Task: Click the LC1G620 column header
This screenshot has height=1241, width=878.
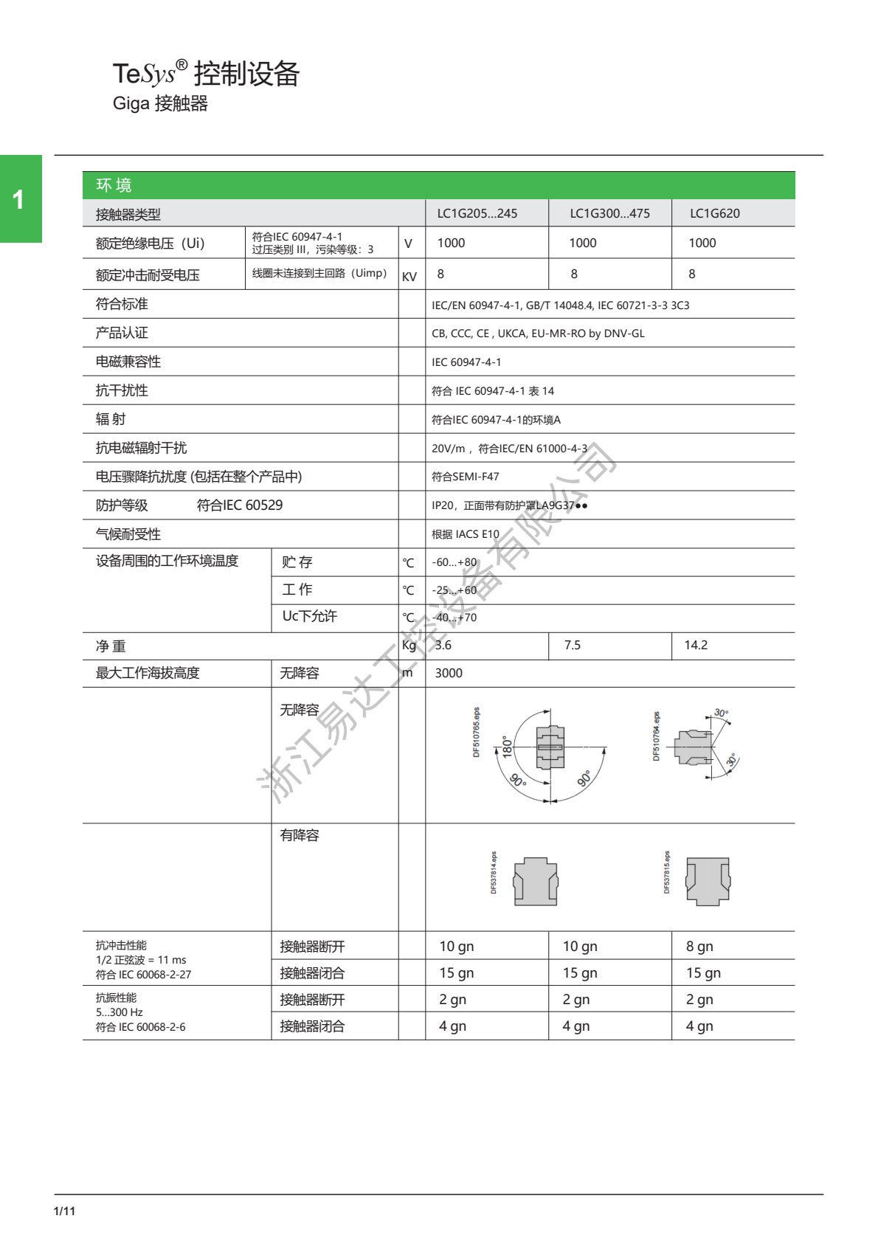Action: (714, 213)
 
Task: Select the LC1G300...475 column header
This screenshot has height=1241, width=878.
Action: (609, 213)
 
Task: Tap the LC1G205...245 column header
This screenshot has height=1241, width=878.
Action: (477, 213)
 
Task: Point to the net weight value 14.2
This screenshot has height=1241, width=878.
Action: (696, 645)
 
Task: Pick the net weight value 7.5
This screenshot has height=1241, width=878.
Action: (572, 645)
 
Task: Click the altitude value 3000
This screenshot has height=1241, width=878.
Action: (449, 673)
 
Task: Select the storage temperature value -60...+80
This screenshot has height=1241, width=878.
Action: (454, 562)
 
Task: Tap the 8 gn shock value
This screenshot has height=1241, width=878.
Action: (699, 946)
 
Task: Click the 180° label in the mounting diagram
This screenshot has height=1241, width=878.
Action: (507, 747)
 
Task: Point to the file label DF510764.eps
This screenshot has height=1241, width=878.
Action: (656, 736)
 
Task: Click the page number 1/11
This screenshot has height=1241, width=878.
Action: (64, 1211)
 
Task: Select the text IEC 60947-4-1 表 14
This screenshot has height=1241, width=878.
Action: (492, 391)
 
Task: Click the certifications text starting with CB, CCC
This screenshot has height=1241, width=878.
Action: (538, 333)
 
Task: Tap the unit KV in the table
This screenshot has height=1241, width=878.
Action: (409, 277)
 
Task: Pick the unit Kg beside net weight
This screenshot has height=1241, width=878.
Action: (409, 645)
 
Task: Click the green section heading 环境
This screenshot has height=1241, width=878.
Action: (114, 185)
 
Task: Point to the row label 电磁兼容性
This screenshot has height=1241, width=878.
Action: (128, 362)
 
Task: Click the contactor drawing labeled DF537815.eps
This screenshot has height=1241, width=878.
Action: (708, 881)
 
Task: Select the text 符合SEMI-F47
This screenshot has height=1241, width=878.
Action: (465, 477)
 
